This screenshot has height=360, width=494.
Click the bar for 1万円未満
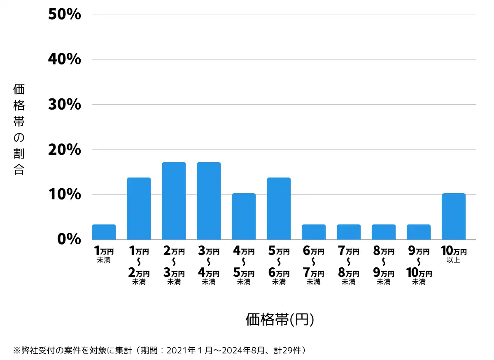[x=104, y=232]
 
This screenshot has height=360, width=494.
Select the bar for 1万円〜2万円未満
[x=139, y=208]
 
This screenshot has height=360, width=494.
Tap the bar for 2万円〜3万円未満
[x=174, y=201]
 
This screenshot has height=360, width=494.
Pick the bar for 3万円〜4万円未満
[x=209, y=201]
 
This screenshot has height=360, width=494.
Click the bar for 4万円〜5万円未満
[x=244, y=216]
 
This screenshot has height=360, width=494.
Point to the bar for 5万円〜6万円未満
[x=279, y=208]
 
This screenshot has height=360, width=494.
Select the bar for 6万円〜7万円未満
[x=314, y=232]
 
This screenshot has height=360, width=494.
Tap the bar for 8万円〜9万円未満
[x=384, y=232]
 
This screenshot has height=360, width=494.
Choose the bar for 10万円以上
[x=453, y=216]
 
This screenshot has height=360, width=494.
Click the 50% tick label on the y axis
[x=65, y=14]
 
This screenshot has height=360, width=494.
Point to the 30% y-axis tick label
[x=65, y=104]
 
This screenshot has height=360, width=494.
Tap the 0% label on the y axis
[x=69, y=239]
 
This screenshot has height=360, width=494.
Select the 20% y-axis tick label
[x=65, y=150]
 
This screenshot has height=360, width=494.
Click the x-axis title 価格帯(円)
[x=280, y=320]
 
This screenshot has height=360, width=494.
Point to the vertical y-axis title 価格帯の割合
[x=19, y=129]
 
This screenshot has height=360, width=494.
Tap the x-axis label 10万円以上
[x=453, y=255]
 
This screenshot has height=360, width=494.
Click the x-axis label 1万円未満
[x=104, y=255]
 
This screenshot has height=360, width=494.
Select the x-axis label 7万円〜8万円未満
[x=349, y=266]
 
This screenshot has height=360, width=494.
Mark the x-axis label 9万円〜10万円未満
[x=419, y=266]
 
